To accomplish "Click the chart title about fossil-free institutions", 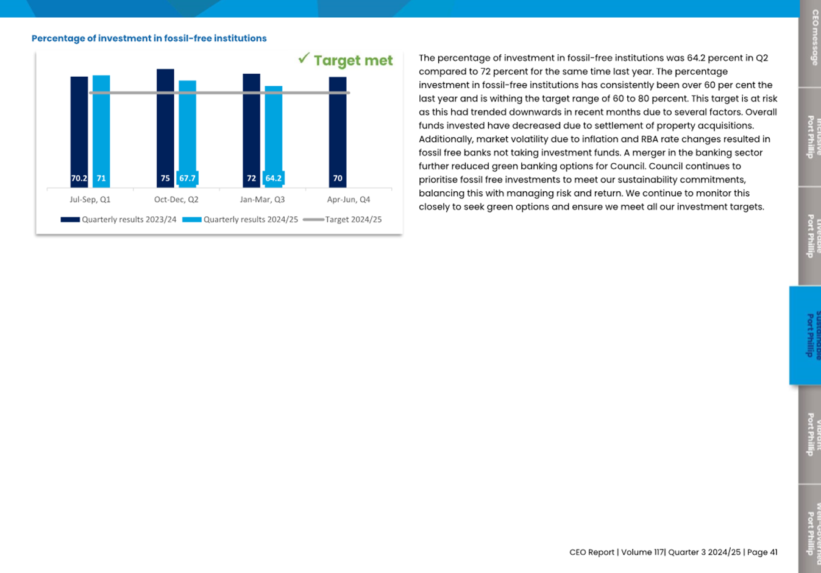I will point(149,38).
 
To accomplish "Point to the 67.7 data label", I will point(187,178).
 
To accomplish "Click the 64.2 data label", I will point(273,178).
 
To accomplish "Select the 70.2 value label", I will point(79,178).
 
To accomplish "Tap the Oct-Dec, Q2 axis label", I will point(176,200).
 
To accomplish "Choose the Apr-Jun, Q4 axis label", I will point(349,200).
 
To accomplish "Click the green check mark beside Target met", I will point(304,58).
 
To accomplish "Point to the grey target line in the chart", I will point(219,93).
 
